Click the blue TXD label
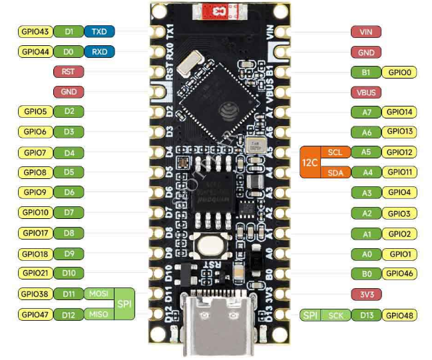coord(100,31)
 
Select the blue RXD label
coord(100,51)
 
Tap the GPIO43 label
coord(35,31)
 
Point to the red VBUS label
coord(365,92)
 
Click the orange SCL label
coord(335,152)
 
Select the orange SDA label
coord(335,172)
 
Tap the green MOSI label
coord(99,293)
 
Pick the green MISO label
coord(99,314)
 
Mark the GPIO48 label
coord(400,315)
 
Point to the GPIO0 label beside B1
coord(400,72)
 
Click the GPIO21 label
coord(35,273)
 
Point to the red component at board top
coord(214,11)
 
